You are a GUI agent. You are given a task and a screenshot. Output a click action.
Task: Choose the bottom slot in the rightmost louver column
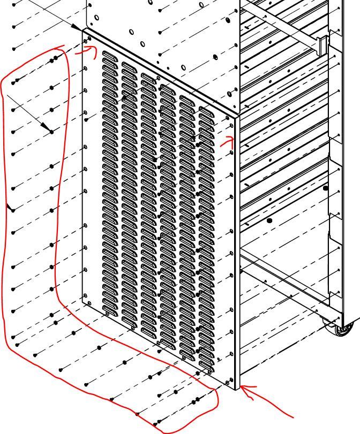pyautogui.click(x=206, y=370)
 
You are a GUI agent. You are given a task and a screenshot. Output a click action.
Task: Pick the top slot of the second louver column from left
pyautogui.click(x=129, y=66)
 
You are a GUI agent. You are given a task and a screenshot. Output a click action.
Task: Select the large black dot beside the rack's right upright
pyautogui.click(x=325, y=188)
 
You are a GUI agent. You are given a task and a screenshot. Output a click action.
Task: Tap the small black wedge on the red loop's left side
pyautogui.click(x=10, y=207)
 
